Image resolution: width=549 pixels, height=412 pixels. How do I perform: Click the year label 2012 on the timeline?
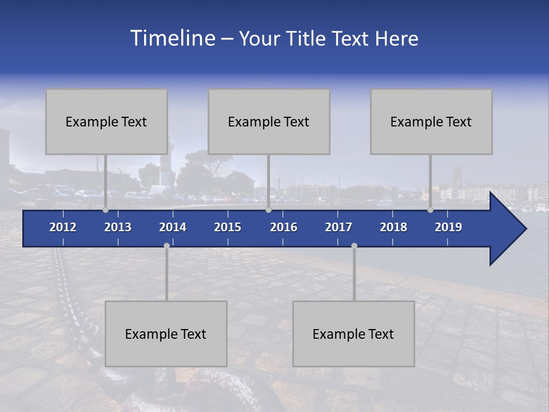click(63, 227)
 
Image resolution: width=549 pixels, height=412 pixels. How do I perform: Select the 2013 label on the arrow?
click(118, 227)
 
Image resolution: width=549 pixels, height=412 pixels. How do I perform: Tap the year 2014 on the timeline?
click(173, 227)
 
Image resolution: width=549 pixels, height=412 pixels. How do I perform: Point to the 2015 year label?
click(228, 227)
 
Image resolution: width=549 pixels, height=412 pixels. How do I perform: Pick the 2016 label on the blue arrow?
click(284, 227)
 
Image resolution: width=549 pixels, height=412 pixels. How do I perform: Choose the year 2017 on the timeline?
click(339, 227)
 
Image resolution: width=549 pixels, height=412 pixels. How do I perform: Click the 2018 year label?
click(393, 227)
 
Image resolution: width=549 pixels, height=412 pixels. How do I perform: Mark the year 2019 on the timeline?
click(448, 227)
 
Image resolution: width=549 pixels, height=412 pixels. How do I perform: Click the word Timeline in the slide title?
click(172, 38)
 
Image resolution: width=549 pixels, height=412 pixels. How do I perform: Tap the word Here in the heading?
click(397, 39)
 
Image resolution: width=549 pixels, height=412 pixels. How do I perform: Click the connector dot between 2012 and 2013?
click(105, 210)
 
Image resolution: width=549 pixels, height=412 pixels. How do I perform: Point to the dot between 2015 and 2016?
click(268, 210)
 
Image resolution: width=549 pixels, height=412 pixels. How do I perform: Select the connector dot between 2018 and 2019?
click(430, 210)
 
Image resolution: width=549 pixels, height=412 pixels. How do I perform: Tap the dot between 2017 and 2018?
click(354, 245)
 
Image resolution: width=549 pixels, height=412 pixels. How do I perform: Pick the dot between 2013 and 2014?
click(166, 245)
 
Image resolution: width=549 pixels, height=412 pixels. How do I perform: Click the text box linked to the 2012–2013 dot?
click(106, 122)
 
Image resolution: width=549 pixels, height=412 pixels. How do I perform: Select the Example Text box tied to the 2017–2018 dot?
click(353, 334)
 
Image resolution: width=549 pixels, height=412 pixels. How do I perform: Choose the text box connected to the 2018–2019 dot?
click(431, 122)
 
